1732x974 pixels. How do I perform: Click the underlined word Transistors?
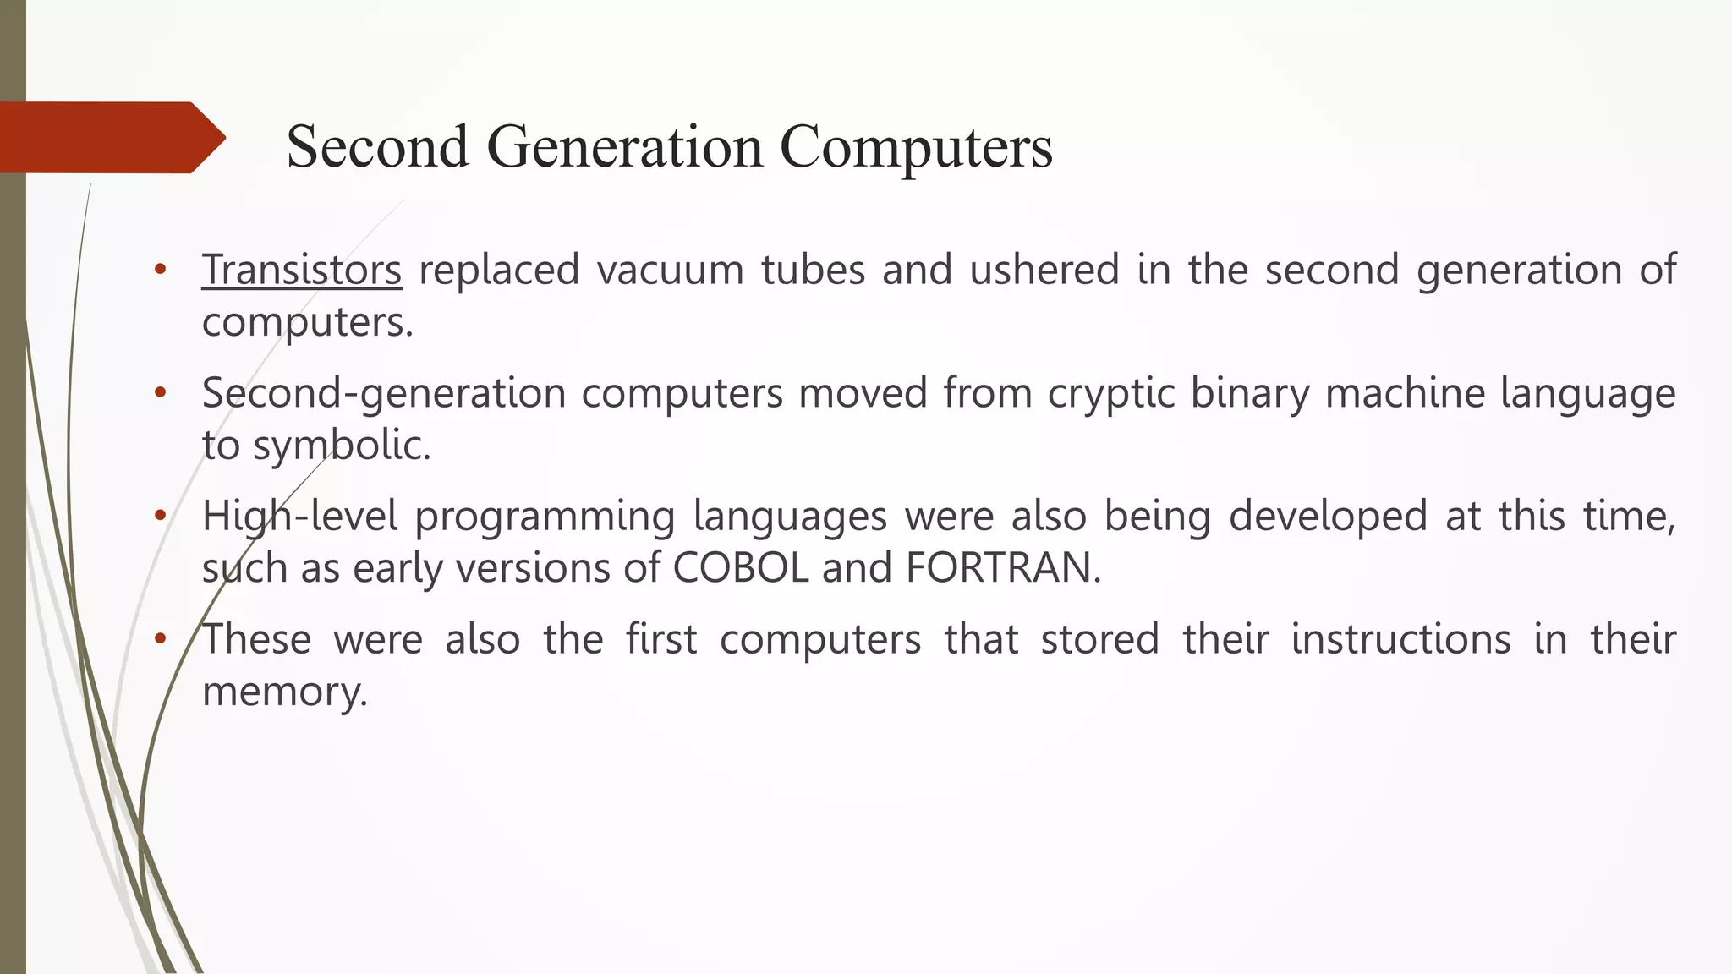pos(301,271)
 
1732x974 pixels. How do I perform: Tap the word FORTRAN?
pos(1002,567)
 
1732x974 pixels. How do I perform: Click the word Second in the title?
pos(377,147)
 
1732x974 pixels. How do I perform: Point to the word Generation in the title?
pos(624,147)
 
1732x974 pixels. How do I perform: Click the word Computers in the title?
pos(916,147)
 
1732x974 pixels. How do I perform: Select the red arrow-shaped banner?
pos(106,138)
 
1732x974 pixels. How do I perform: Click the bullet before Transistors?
pos(161,271)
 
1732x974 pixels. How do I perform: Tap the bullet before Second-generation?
pos(161,393)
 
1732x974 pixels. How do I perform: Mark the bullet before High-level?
pos(161,516)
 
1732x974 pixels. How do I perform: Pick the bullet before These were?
pos(161,639)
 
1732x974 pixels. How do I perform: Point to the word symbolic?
pos(342,446)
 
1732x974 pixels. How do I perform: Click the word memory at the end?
pos(284,692)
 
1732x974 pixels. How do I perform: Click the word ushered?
pos(1044,271)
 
